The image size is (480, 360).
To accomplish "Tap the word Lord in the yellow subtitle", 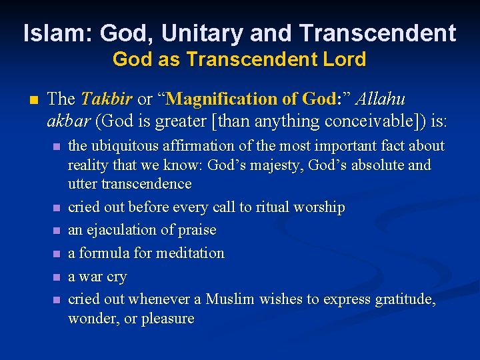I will click(343, 59).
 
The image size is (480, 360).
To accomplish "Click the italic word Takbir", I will click(107, 99).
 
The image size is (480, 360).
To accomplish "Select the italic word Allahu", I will click(381, 99).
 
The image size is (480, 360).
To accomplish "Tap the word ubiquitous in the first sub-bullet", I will click(126, 146).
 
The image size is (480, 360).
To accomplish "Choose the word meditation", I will click(190, 253).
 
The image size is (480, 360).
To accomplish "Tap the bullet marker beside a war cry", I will click(57, 277).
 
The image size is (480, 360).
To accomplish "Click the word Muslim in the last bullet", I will click(230, 299).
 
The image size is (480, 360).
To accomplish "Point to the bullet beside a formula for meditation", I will click(57, 254).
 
